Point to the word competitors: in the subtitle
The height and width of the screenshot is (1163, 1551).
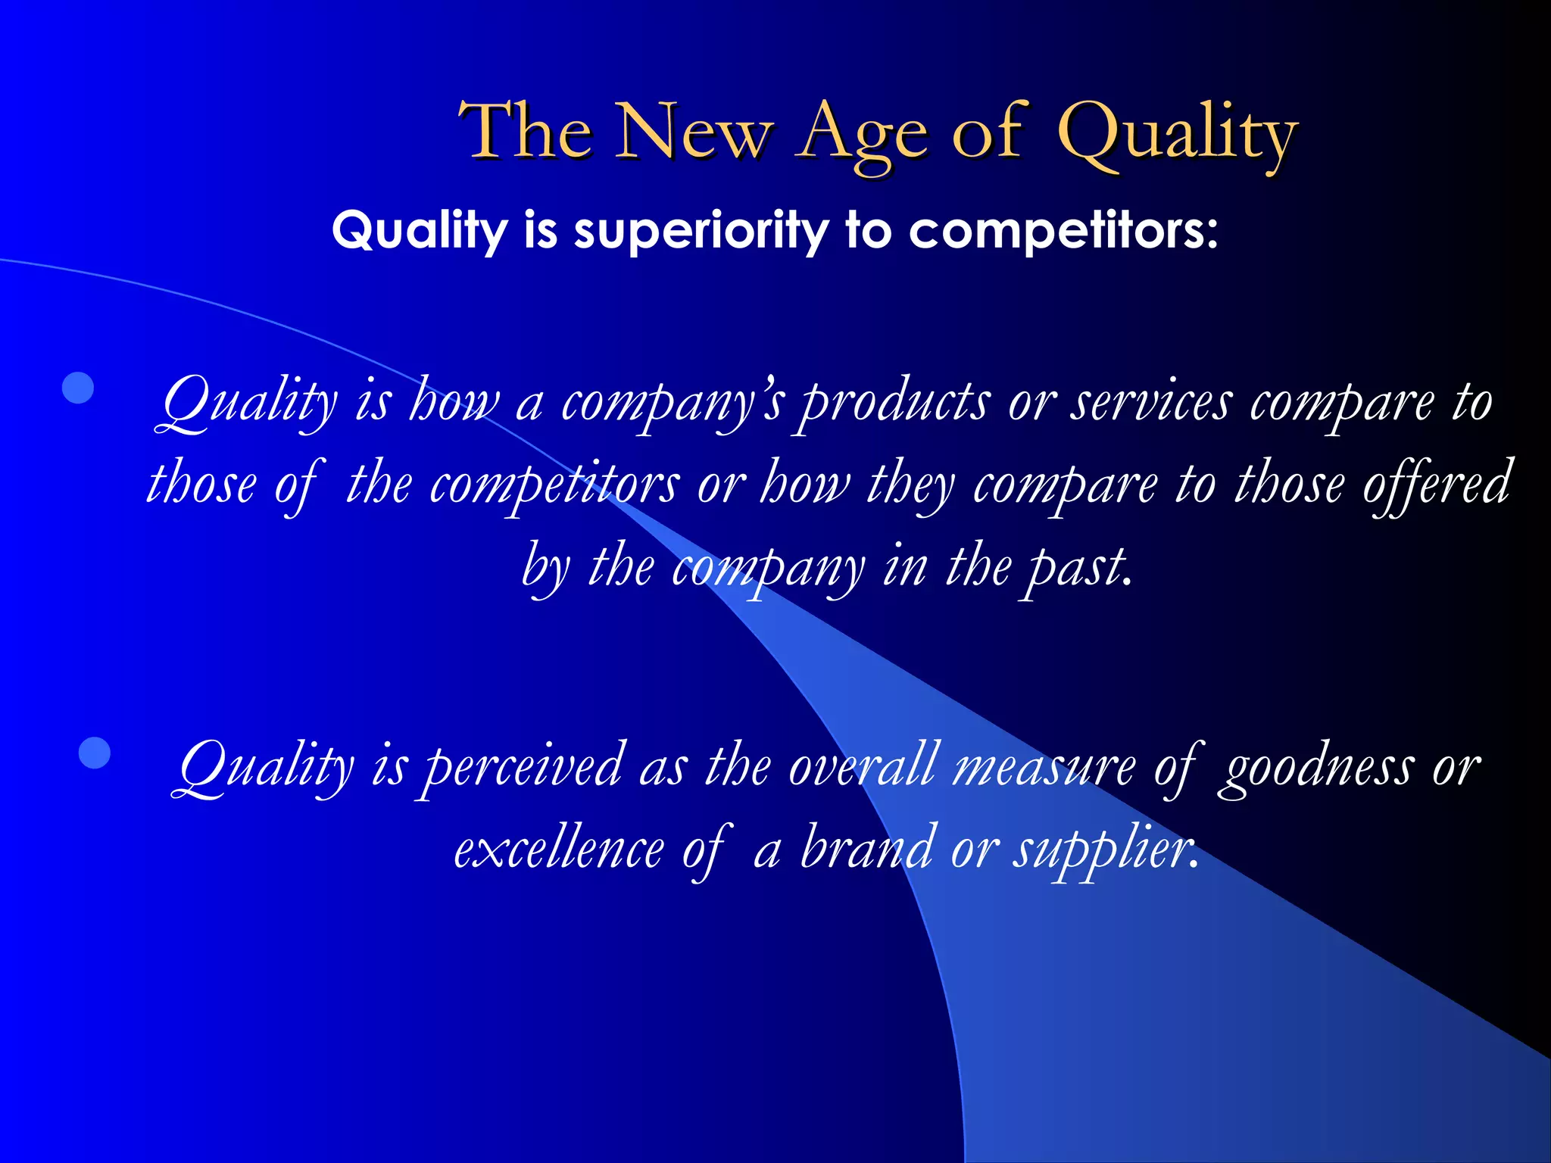1063,230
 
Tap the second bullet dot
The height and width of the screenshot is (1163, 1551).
95,753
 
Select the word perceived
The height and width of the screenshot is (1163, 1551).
522,768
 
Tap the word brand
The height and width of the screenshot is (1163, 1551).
866,848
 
